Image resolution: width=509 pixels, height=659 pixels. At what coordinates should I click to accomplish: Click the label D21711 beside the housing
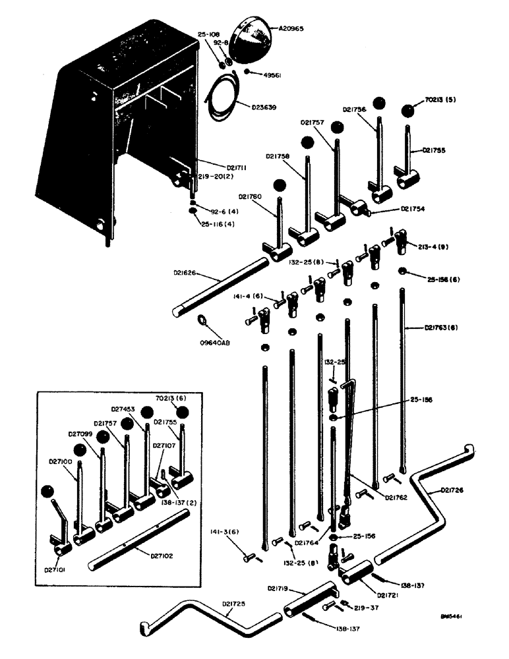pyautogui.click(x=219, y=169)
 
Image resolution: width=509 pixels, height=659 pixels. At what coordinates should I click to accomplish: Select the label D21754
pyautogui.click(x=412, y=209)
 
